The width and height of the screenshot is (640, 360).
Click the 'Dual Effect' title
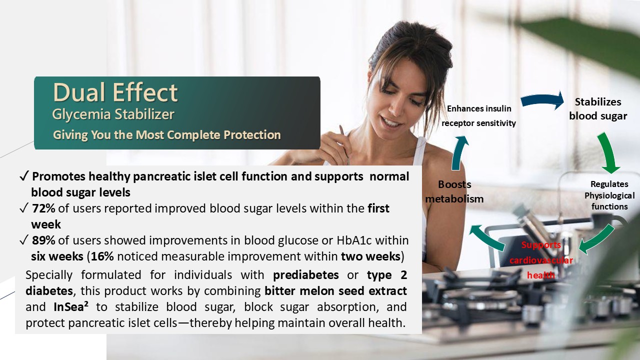115,92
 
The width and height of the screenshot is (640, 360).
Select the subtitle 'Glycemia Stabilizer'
113,114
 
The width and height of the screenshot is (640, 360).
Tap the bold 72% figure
43,208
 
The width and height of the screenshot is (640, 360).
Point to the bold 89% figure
43,240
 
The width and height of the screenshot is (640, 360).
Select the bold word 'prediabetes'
305,275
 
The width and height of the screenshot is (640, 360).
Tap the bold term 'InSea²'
71,306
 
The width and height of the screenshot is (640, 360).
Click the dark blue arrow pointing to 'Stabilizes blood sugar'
542,100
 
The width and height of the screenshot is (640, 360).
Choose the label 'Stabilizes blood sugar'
597,109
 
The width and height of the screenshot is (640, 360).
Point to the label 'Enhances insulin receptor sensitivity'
479,115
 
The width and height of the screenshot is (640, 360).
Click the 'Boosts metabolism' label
454,191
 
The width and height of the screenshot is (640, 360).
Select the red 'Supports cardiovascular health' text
541,260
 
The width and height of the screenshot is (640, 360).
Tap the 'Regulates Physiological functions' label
609,195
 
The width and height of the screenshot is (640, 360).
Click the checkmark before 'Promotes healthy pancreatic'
24,176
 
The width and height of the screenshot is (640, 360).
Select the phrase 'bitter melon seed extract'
335,291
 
